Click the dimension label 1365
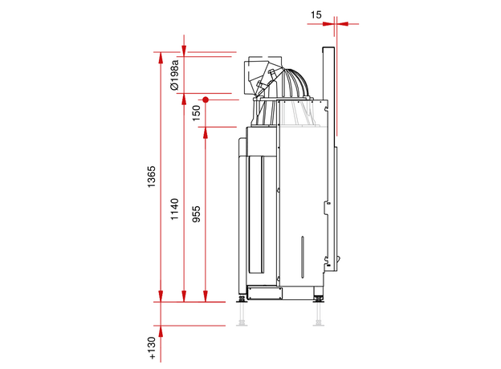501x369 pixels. [151, 176]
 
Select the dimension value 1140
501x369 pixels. [174, 209]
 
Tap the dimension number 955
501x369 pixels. [196, 214]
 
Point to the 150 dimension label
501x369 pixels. [196, 113]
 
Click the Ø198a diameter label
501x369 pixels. [175, 75]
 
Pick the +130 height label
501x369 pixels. [152, 348]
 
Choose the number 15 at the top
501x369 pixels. [316, 14]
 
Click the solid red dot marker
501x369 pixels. [206, 100]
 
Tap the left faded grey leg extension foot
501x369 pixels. [242, 314]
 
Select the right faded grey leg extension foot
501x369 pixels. [318, 314]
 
